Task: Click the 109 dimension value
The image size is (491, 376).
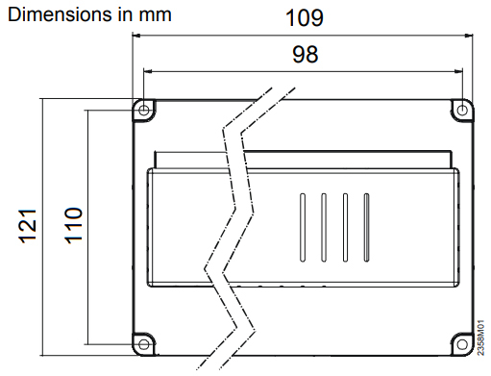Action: (305, 18)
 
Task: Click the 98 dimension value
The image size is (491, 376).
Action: (306, 54)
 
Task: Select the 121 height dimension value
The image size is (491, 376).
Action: (28, 226)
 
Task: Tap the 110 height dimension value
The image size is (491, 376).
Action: (74, 226)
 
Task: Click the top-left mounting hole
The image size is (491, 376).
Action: (144, 111)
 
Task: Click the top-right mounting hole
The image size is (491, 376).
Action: (462, 111)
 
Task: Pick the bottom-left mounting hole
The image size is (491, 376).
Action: (144, 344)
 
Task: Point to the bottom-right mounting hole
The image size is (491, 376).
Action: (462, 344)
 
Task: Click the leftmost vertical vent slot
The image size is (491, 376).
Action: (303, 228)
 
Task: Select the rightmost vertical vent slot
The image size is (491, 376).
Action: (366, 228)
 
